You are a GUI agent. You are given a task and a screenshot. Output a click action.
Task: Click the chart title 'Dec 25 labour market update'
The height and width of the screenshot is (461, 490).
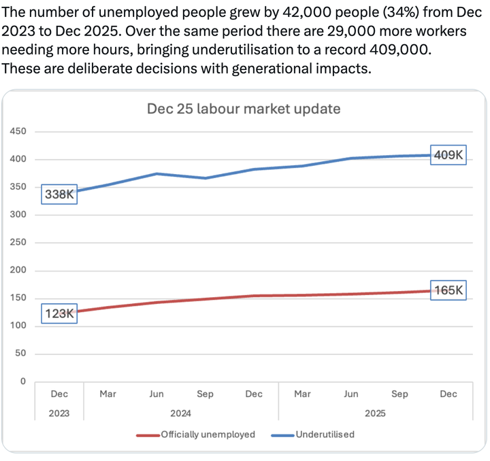[244, 109]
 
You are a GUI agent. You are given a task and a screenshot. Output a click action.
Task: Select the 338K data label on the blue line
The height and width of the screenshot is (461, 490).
[59, 194]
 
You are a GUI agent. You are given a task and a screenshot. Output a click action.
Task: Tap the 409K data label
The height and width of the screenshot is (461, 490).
[448, 155]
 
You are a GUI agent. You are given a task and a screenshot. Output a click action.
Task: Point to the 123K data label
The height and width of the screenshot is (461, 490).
[59, 313]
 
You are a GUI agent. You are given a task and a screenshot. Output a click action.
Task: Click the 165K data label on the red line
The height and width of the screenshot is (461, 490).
[448, 290]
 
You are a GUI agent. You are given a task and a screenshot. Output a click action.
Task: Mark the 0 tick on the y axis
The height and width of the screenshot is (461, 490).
[22, 381]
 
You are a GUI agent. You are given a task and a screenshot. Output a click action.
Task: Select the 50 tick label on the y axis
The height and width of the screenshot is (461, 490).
[20, 354]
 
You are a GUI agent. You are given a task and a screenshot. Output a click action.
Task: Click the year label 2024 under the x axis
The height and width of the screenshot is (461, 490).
[180, 413]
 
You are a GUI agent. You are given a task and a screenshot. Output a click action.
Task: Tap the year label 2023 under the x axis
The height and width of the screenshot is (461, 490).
[59, 413]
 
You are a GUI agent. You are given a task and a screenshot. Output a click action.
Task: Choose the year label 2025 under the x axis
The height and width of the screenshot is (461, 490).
[376, 413]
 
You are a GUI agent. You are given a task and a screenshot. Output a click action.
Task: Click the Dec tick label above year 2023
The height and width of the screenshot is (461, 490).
[59, 394]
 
